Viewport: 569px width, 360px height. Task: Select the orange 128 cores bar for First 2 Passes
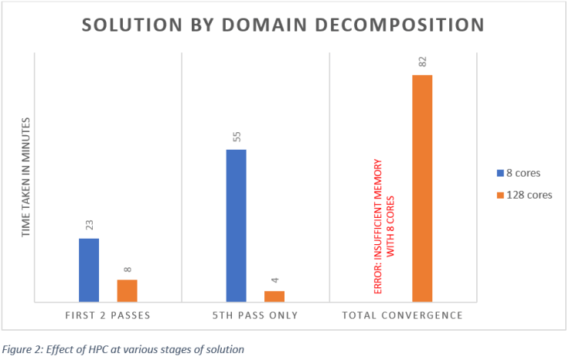pos(127,290)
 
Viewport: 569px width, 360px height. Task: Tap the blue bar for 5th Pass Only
pos(236,225)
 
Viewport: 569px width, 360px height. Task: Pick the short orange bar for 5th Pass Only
pos(274,296)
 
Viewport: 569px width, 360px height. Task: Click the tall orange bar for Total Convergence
pos(422,188)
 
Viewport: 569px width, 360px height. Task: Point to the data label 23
pos(89,225)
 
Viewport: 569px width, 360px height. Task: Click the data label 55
pos(237,137)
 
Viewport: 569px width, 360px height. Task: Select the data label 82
pos(423,62)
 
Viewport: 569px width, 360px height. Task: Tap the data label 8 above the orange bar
pos(128,270)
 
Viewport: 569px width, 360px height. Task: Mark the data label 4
pos(275,281)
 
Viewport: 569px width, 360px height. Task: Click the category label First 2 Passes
pos(107,315)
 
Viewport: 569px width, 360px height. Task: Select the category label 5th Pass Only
pos(255,315)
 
